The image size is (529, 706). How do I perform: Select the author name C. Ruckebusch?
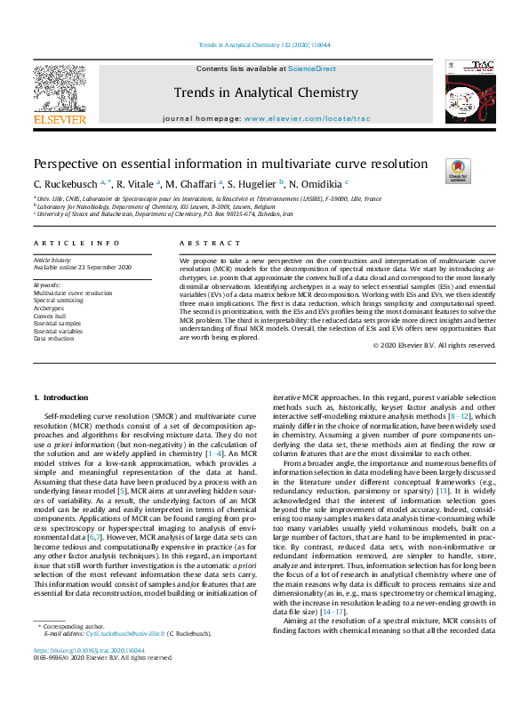click(67, 183)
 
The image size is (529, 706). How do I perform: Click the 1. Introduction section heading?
click(61, 397)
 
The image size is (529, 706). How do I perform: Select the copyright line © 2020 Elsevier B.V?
click(446, 344)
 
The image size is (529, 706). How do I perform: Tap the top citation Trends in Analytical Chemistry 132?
click(263, 44)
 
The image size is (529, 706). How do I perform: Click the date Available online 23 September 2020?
click(83, 268)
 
